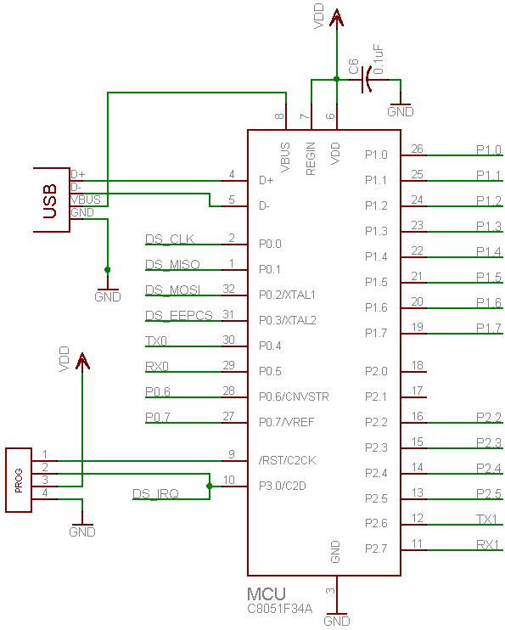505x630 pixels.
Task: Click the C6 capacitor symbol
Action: click(x=367, y=80)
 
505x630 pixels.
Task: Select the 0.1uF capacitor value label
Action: click(x=378, y=59)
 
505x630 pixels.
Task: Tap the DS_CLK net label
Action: click(x=170, y=239)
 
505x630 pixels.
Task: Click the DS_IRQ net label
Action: click(x=155, y=493)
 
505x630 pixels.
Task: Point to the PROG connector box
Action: click(x=19, y=480)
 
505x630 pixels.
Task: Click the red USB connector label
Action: click(x=50, y=201)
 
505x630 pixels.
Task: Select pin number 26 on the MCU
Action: click(x=417, y=149)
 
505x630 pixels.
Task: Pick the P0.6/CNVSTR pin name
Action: click(x=294, y=397)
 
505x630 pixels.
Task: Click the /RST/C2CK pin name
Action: click(x=287, y=460)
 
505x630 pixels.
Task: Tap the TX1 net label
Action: click(x=487, y=519)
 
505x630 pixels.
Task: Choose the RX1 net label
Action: click(x=487, y=544)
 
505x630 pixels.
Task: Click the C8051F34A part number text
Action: click(x=279, y=609)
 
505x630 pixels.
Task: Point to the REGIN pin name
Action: click(x=311, y=159)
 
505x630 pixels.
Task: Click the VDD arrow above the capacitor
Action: click(x=336, y=18)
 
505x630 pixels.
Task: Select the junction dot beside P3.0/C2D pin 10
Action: click(x=210, y=487)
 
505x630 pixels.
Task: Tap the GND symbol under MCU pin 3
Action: click(x=337, y=620)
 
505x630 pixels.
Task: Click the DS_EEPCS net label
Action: click(x=179, y=315)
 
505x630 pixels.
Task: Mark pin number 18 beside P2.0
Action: click(x=418, y=365)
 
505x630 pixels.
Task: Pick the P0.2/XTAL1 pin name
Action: click(x=287, y=295)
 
